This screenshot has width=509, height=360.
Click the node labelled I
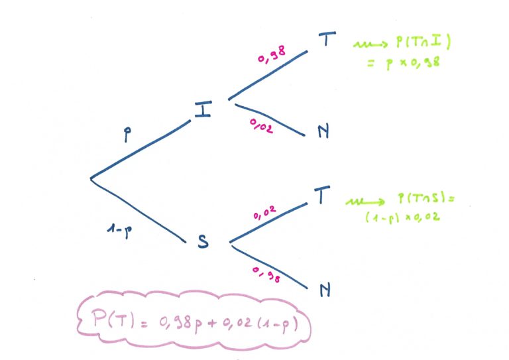[x=203, y=109]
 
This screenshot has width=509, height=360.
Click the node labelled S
[x=203, y=241]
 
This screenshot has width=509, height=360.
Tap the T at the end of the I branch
[x=327, y=38]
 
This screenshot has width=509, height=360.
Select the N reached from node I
[x=323, y=131]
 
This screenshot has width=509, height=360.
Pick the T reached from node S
[x=322, y=194]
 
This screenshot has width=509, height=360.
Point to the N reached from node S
[x=325, y=290]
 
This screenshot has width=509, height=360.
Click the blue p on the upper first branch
[x=127, y=134]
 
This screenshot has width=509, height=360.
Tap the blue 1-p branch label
[x=120, y=231]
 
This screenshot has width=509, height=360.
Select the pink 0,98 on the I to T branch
[x=272, y=54]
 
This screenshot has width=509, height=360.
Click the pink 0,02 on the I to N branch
[x=261, y=126]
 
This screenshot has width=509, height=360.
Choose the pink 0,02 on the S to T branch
[x=264, y=213]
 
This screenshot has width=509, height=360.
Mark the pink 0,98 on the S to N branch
[x=266, y=274]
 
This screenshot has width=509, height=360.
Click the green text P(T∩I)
[x=424, y=41]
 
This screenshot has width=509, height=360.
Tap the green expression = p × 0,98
[x=404, y=62]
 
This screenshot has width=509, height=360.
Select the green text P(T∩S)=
[x=426, y=198]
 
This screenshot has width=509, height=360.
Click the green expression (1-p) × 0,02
[x=402, y=217]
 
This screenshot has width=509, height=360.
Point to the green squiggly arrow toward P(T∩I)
[x=370, y=44]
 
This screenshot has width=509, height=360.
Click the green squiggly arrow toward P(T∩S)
[x=365, y=202]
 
